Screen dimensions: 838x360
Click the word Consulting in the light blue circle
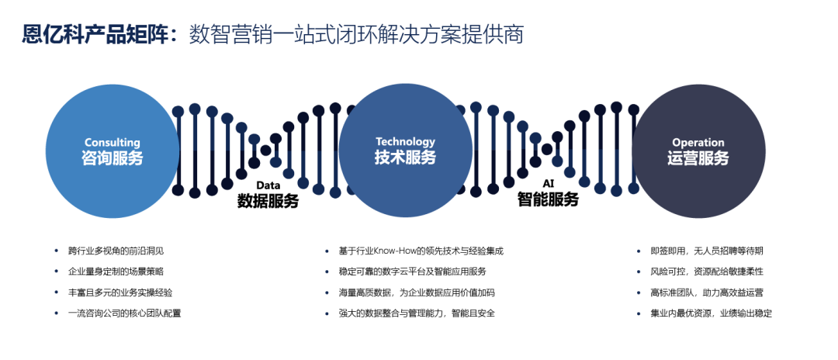click(x=113, y=143)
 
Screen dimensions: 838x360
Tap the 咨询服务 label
click(x=113, y=158)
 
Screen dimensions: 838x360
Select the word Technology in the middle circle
click(x=405, y=141)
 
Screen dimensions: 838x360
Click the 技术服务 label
click(x=405, y=157)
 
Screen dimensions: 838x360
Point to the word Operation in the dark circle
click(x=698, y=143)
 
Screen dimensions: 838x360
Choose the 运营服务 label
click(x=698, y=158)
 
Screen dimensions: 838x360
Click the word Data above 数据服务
click(x=268, y=185)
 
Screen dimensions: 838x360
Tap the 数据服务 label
click(x=268, y=201)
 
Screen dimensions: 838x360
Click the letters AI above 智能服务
click(x=549, y=184)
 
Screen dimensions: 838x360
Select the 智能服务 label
click(x=549, y=199)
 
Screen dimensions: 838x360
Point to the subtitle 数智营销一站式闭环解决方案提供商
click(x=356, y=34)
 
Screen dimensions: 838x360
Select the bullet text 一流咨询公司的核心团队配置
click(x=125, y=313)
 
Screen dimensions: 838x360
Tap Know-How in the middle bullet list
click(x=394, y=251)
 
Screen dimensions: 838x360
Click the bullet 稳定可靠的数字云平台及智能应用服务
click(x=413, y=272)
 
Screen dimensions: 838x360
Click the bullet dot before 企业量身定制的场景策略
click(x=56, y=272)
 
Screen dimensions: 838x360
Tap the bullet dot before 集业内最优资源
click(x=638, y=313)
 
